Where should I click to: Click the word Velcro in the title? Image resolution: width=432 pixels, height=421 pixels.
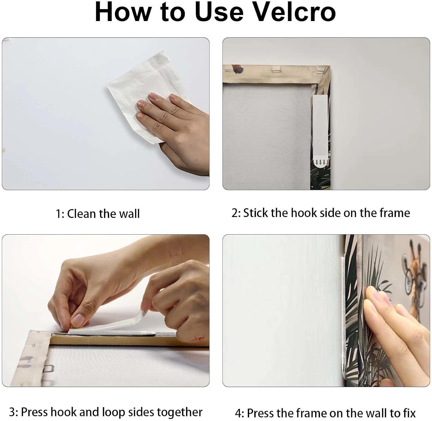pos(291,12)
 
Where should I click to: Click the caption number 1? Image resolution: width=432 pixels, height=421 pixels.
pos(59,214)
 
